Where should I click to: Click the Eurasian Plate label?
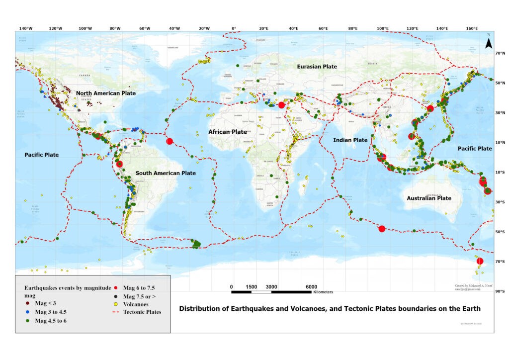tap(317, 67)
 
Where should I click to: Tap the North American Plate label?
tap(105, 93)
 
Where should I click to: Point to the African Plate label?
tap(227, 132)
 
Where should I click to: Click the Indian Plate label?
tap(350, 140)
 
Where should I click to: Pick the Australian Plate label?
tap(429, 198)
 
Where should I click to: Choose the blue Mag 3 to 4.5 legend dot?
tap(28, 312)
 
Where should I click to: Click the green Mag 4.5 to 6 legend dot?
tap(28, 321)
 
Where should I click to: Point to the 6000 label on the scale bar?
tap(311, 287)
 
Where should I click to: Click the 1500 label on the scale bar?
tap(252, 287)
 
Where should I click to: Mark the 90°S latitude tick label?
tap(501, 292)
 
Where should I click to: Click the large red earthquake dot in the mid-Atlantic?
tap(170, 141)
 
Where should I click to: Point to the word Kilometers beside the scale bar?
tap(323, 292)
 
